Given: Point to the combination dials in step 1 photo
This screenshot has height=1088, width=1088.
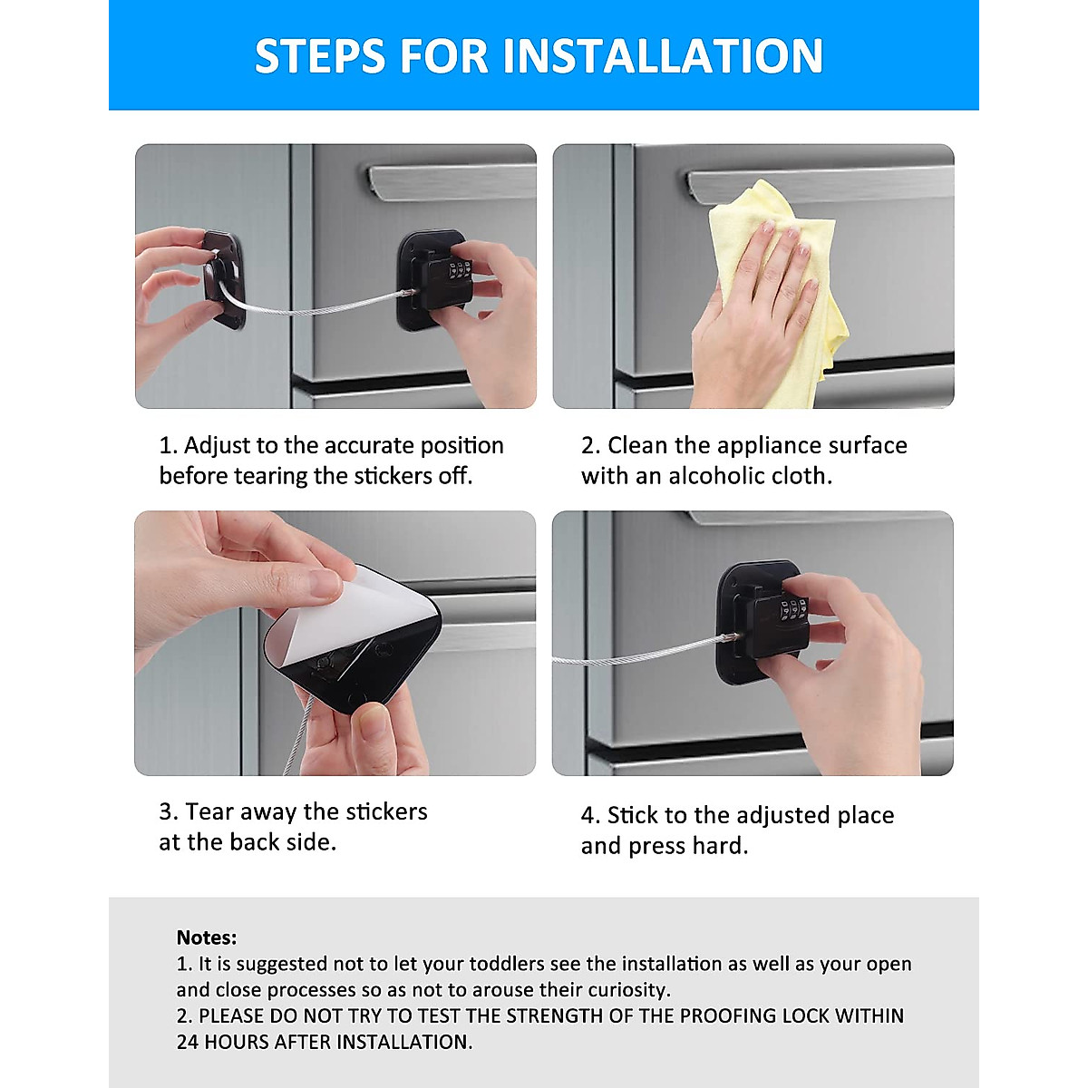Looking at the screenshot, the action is tap(461, 269).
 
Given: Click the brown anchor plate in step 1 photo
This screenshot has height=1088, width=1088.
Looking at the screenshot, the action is tap(224, 279).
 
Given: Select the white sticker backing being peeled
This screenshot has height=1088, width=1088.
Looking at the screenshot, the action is tap(362, 613).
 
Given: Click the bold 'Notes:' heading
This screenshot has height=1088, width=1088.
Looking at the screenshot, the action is tap(207, 937).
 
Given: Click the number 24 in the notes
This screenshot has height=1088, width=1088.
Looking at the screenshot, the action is tap(188, 1042).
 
